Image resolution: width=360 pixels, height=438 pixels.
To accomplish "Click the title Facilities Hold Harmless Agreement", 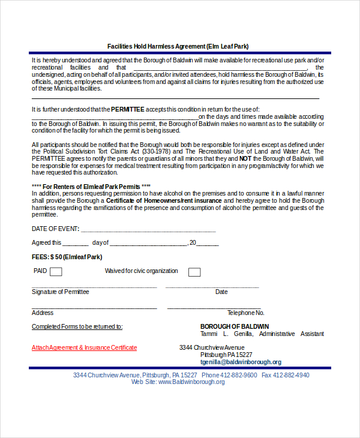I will click(178, 46).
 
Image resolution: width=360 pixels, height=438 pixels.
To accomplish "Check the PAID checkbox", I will click(56, 272).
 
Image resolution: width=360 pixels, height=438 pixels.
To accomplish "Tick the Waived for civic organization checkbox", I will click(194, 272).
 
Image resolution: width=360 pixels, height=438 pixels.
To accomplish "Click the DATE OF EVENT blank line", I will click(148, 229).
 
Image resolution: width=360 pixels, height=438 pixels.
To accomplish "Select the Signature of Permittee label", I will click(60, 292).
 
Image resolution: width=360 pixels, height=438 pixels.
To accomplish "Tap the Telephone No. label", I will click(245, 313).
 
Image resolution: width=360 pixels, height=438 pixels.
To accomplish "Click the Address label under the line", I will click(43, 313).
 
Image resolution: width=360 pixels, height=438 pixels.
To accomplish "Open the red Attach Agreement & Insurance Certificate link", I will click(84, 347).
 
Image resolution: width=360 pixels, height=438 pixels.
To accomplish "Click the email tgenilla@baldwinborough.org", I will click(241, 362).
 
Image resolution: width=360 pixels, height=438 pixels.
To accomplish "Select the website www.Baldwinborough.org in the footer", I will click(191, 382).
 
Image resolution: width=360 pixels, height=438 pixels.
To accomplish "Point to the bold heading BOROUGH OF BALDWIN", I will click(235, 326).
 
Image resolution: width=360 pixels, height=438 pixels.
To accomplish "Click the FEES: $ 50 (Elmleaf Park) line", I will click(67, 257).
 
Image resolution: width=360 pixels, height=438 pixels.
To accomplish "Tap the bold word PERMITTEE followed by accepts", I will click(128, 109).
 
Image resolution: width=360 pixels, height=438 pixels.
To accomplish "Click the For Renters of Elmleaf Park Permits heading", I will click(91, 187).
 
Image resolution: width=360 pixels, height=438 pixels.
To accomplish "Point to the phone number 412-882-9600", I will click(238, 375).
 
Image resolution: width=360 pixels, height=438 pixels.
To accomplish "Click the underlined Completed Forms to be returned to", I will click(77, 326).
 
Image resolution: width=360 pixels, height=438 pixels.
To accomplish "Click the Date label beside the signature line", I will click(221, 292).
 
